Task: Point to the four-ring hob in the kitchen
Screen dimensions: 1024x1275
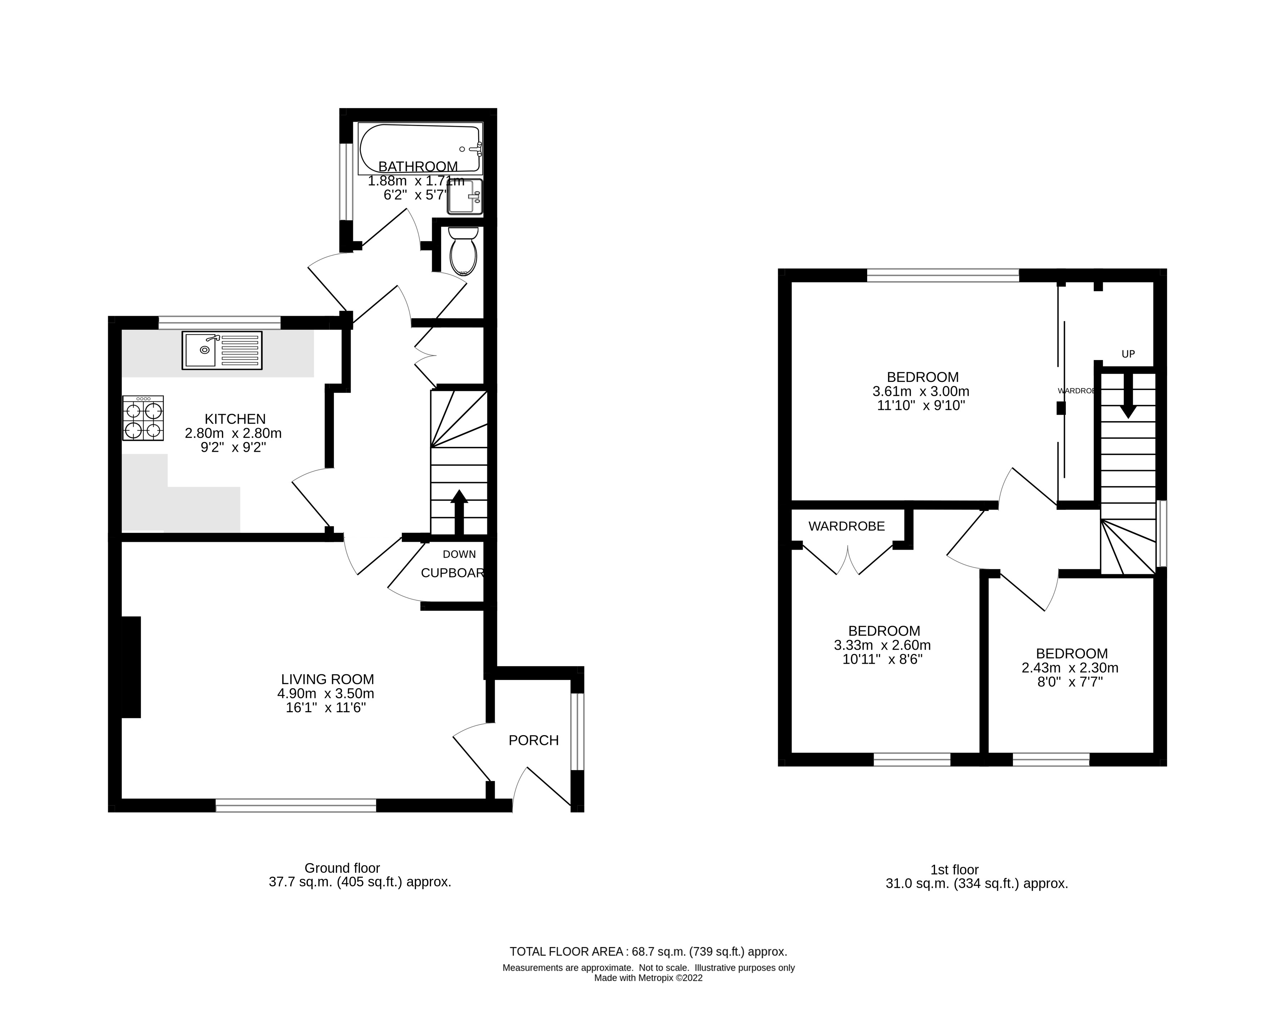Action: pyautogui.click(x=143, y=418)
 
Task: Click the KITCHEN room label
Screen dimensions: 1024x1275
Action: pyautogui.click(x=235, y=419)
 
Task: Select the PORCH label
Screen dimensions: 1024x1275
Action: pyautogui.click(x=533, y=740)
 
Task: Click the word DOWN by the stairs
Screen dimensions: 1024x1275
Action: pyautogui.click(x=459, y=554)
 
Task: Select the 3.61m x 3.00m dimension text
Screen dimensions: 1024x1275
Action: pyautogui.click(x=921, y=392)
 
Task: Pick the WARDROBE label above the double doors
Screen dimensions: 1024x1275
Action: pyautogui.click(x=846, y=526)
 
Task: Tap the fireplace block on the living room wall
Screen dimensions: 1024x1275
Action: pyautogui.click(x=131, y=667)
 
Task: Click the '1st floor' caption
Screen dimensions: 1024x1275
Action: pyautogui.click(x=954, y=870)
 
